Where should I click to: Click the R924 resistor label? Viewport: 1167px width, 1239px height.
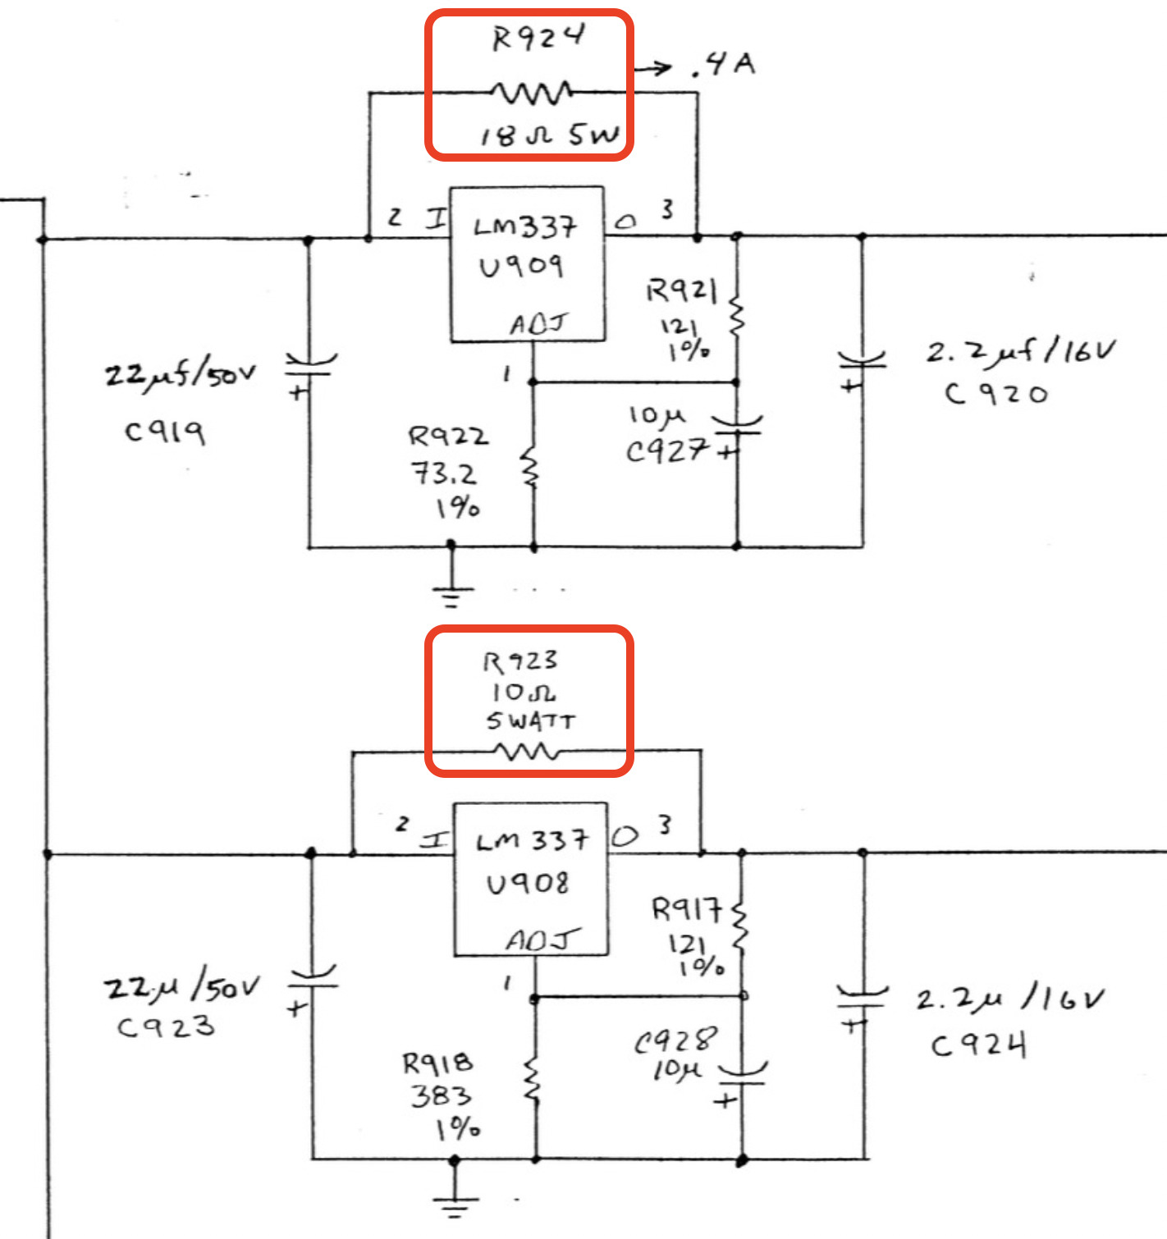click(538, 38)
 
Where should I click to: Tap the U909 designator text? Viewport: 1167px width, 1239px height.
click(521, 265)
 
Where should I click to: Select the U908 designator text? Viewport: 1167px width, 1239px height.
click(527, 883)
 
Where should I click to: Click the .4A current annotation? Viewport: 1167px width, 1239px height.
click(723, 64)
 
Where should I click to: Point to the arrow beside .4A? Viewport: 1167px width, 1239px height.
click(653, 69)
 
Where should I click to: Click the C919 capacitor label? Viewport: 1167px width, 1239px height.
click(164, 430)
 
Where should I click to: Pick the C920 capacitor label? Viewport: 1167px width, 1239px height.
click(995, 394)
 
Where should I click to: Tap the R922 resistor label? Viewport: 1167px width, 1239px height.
click(448, 436)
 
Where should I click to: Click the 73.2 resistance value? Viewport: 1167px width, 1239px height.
click(443, 473)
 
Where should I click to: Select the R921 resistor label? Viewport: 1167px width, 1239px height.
click(681, 290)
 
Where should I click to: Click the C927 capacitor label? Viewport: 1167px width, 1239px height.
click(666, 450)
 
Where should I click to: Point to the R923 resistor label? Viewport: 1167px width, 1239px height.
click(519, 661)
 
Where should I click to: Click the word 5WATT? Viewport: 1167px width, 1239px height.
click(531, 721)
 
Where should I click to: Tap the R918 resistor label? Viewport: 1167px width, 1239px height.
click(437, 1063)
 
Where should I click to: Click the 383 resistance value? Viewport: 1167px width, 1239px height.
click(441, 1095)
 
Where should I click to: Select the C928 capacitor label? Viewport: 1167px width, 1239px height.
click(675, 1040)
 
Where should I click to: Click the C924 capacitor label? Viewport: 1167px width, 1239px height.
click(978, 1045)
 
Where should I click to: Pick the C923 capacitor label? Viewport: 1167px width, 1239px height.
click(166, 1026)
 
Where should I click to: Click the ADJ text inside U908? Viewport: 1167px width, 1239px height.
click(541, 940)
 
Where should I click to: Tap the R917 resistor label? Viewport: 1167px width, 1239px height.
click(687, 908)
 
